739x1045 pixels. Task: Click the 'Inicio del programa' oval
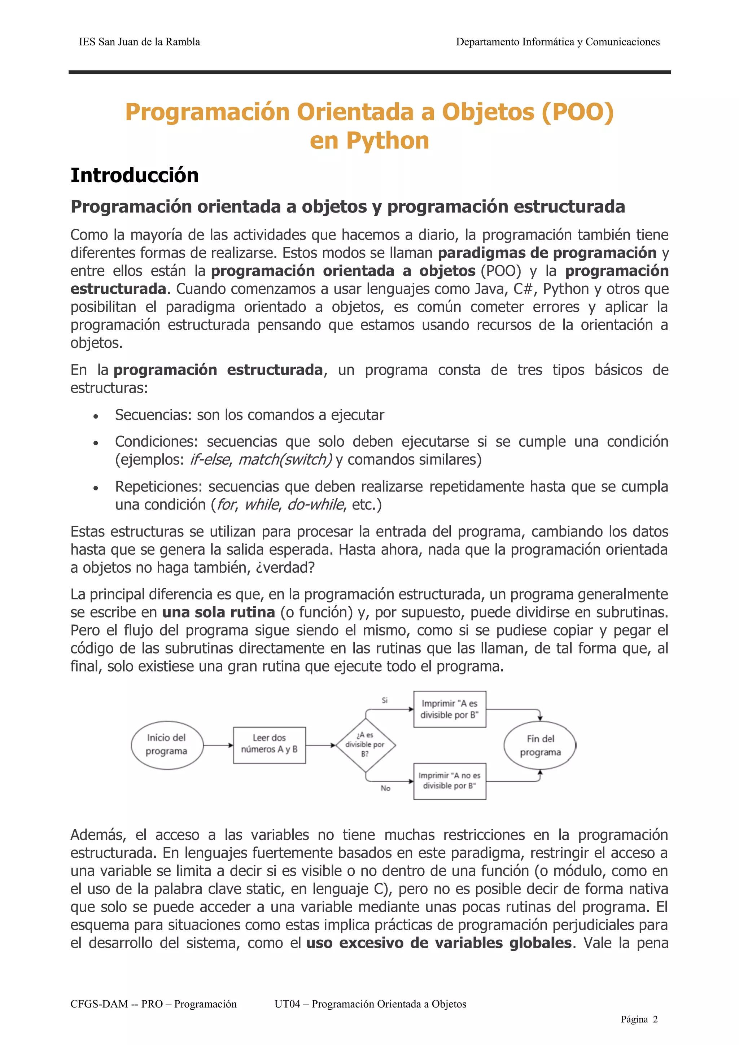point(167,745)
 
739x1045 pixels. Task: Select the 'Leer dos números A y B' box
point(269,745)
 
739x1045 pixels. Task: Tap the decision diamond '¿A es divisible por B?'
point(365,745)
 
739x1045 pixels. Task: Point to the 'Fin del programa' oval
point(540,746)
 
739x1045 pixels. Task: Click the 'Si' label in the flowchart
point(385,700)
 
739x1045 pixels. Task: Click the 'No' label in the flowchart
point(385,788)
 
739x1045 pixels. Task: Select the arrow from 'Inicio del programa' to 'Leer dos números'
point(218,745)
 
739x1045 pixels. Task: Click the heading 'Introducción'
point(134,176)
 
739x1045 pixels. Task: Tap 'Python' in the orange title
point(387,141)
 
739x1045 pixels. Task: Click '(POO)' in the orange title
point(577,112)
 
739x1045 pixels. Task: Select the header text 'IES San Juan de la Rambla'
point(139,42)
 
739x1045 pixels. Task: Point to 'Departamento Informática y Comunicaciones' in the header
point(557,42)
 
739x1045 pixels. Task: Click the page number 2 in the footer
point(655,1019)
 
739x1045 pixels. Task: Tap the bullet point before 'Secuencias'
point(96,416)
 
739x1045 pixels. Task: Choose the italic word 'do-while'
point(315,505)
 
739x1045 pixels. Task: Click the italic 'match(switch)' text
point(285,460)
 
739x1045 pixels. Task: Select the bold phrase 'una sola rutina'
point(218,612)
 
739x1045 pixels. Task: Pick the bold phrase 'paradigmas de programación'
point(547,253)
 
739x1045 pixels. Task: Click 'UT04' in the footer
point(287,1004)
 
